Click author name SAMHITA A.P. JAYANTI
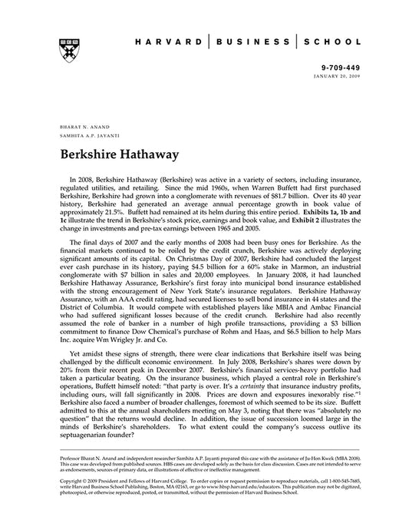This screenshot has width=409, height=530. (86, 133)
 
